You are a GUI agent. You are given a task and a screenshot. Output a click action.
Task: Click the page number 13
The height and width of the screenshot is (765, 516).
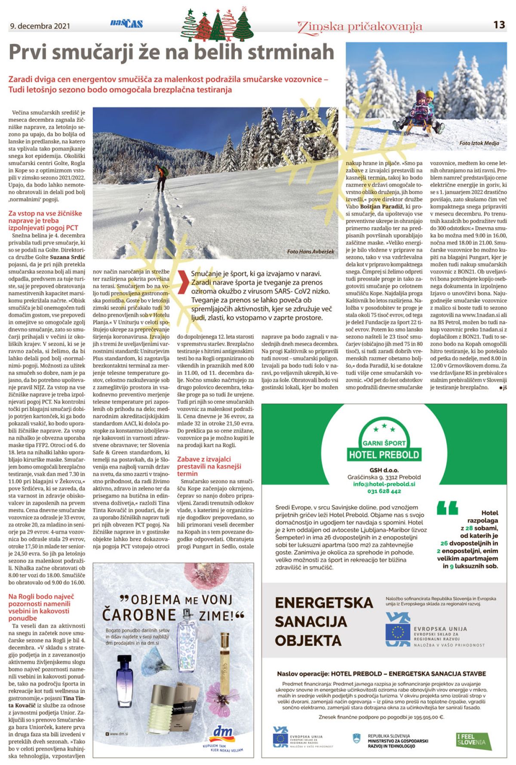[499, 25]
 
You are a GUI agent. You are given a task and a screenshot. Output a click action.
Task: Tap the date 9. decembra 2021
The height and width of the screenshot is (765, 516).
[40, 26]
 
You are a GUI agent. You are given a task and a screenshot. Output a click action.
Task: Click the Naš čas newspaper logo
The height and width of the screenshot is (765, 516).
[126, 24]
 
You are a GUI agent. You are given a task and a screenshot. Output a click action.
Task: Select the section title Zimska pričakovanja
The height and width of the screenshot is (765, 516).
[359, 27]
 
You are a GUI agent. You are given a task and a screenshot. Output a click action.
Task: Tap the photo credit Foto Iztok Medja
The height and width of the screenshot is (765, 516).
[479, 143]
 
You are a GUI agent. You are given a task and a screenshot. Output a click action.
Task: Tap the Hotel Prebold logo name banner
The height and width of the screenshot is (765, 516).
[384, 454]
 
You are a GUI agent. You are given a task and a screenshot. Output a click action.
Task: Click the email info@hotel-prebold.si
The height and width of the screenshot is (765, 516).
[384, 484]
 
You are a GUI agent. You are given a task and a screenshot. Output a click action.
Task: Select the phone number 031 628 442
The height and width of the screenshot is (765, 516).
[384, 491]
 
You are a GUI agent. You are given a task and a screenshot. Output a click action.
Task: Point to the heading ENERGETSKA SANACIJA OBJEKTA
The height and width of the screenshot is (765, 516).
[323, 622]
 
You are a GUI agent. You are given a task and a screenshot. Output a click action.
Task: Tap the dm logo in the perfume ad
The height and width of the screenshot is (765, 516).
[224, 732]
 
